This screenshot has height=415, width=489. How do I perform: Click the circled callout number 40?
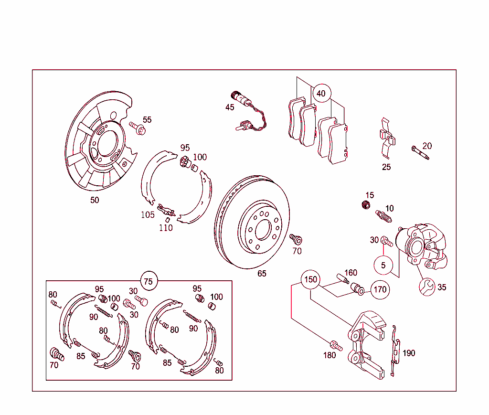pos(321,94)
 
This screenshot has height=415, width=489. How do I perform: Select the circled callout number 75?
pos(149,281)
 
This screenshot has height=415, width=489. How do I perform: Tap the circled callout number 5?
pos(383,265)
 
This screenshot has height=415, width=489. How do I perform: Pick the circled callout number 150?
pos(310,279)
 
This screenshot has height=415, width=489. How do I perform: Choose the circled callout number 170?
pos(380,289)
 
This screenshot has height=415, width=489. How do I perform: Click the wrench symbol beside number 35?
pos(427,286)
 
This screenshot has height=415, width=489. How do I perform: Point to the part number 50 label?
pos(95,200)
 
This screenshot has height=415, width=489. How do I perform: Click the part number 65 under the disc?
pos(262,274)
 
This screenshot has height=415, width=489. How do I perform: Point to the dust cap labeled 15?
pos(366,205)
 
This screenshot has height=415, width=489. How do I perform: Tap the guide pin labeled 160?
pos(342,278)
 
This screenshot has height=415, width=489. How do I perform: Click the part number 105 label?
pos(148,215)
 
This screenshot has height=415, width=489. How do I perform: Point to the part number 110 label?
pos(166,228)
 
